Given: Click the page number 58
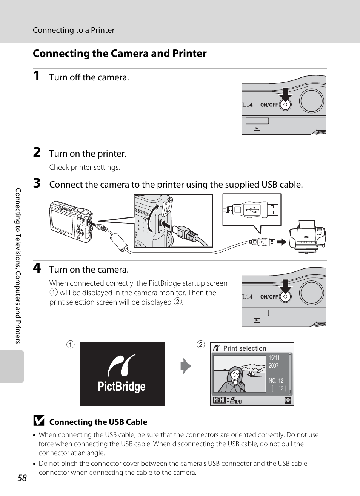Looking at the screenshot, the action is [x=22, y=478].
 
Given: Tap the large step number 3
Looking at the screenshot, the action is [x=37, y=183].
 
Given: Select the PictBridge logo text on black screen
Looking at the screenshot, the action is [x=122, y=387].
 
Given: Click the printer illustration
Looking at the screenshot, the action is [x=307, y=237].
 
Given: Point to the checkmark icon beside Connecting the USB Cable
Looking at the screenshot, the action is [x=39, y=421].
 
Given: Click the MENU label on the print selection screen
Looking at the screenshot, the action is [x=220, y=400].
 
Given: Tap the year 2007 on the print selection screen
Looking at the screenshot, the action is [x=274, y=365].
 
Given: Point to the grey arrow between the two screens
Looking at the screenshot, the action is [x=186, y=366].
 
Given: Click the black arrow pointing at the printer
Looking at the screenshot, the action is [x=282, y=242].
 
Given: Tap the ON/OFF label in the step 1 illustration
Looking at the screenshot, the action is [x=269, y=105].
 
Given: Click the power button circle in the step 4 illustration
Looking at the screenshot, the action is [x=285, y=297].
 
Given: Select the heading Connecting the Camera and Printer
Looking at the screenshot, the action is [x=120, y=53].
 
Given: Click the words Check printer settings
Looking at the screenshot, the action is [x=85, y=167].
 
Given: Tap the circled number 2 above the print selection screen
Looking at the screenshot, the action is [x=201, y=345].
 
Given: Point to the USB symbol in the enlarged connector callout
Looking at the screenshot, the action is [x=252, y=209].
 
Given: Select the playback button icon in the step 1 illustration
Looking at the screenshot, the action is [x=257, y=128].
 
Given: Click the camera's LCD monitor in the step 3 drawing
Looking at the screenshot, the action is [x=62, y=222].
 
